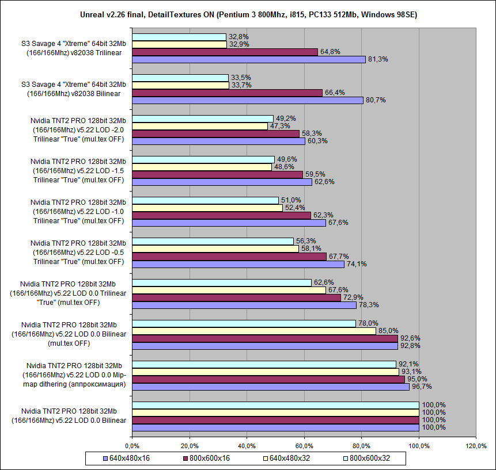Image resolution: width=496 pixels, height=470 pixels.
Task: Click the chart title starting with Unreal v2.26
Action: pyautogui.click(x=248, y=13)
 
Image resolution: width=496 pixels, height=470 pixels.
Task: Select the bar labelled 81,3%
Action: pyautogui.click(x=249, y=59)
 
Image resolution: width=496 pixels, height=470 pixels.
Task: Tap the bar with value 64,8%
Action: pyautogui.click(x=225, y=52)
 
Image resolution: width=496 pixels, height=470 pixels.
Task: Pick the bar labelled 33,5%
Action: pyautogui.click(x=180, y=78)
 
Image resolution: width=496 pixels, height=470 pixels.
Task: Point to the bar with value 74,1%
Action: pyautogui.click(x=238, y=264)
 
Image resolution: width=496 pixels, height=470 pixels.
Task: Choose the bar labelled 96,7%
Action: pyautogui.click(x=271, y=387)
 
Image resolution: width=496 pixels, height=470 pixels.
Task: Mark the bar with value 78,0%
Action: pyautogui.click(x=244, y=323)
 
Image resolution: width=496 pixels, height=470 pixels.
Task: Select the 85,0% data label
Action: pyautogui.click(x=388, y=331)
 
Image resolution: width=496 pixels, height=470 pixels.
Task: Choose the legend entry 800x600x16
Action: pyautogui.click(x=206, y=458)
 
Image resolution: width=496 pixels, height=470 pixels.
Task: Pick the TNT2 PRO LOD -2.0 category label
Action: pyautogui.click(x=77, y=129)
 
